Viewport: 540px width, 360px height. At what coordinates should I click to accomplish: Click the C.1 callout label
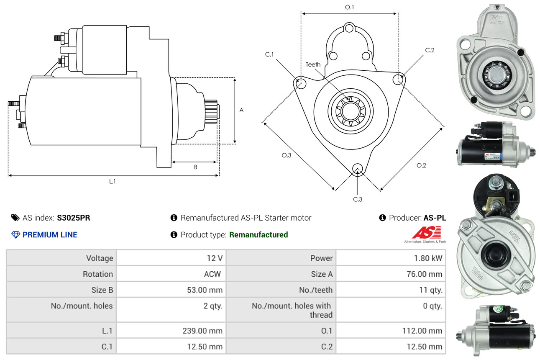(x=269, y=54)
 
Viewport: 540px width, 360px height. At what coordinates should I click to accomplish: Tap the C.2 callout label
(x=430, y=50)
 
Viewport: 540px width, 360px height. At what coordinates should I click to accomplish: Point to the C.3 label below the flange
(x=357, y=199)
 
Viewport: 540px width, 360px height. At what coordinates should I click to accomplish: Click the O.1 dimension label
(x=349, y=7)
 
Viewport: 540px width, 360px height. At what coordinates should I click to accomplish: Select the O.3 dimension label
(x=286, y=155)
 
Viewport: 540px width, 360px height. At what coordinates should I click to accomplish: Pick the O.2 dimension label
(x=421, y=165)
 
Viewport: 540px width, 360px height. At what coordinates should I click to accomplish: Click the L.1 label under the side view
(x=112, y=181)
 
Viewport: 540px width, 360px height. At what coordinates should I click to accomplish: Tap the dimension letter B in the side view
(x=195, y=167)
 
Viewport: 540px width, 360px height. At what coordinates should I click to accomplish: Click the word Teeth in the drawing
(x=313, y=64)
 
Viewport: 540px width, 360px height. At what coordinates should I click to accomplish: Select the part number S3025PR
(x=74, y=218)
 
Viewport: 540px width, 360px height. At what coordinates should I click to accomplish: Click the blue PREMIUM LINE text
(x=50, y=235)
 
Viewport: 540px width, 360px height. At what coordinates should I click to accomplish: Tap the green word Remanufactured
(x=258, y=235)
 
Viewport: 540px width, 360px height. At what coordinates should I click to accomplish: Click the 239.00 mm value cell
(x=202, y=331)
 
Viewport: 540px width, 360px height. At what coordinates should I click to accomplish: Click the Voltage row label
(x=100, y=258)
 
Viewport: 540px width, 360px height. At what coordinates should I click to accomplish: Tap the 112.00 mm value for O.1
(x=422, y=331)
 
